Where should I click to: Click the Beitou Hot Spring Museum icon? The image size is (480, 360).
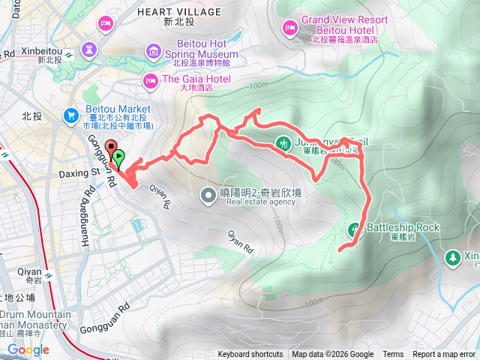pyautogui.click(x=154, y=50)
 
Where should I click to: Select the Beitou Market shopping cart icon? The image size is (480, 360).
pyautogui.click(x=72, y=115)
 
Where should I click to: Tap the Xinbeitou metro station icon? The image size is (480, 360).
pyautogui.click(x=68, y=54)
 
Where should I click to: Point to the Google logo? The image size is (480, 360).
pyautogui.click(x=28, y=349)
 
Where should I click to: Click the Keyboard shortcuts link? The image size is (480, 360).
pyautogui.click(x=250, y=355)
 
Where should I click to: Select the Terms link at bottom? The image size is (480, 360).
pyautogui.click(x=393, y=355)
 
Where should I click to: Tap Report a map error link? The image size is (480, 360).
pyautogui.click(x=445, y=355)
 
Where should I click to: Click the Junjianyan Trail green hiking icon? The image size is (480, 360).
pyautogui.click(x=283, y=141)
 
